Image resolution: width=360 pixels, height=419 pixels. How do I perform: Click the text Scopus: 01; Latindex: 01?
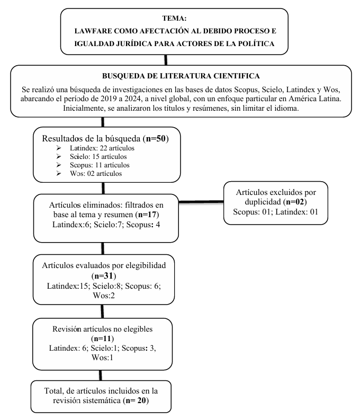click(x=276, y=211)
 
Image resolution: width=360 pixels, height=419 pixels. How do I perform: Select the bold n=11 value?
click(x=102, y=338)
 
